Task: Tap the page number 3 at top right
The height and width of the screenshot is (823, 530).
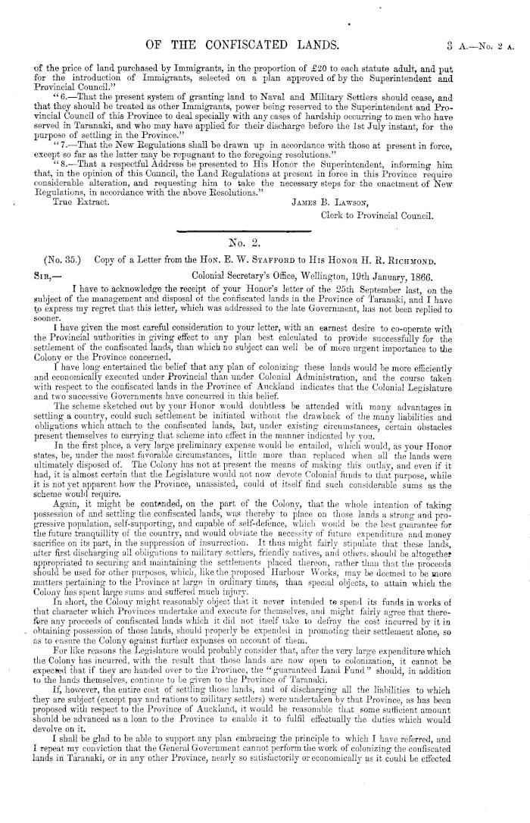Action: tap(448, 30)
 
